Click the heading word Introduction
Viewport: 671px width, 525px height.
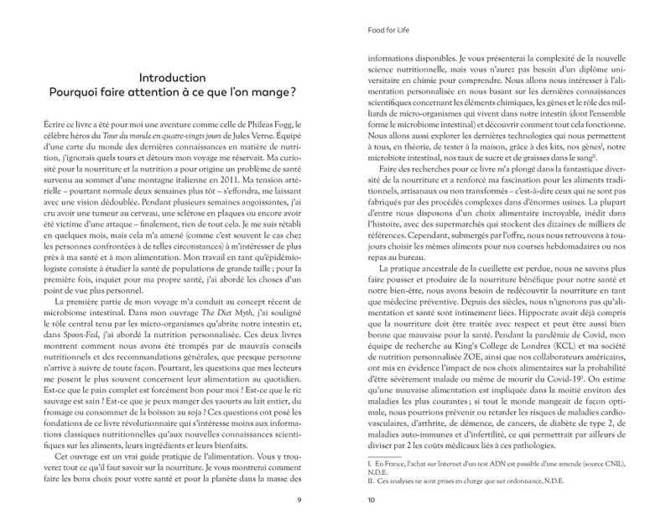point(172,78)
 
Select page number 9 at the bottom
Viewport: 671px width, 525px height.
point(299,502)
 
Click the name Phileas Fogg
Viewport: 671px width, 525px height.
point(268,125)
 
